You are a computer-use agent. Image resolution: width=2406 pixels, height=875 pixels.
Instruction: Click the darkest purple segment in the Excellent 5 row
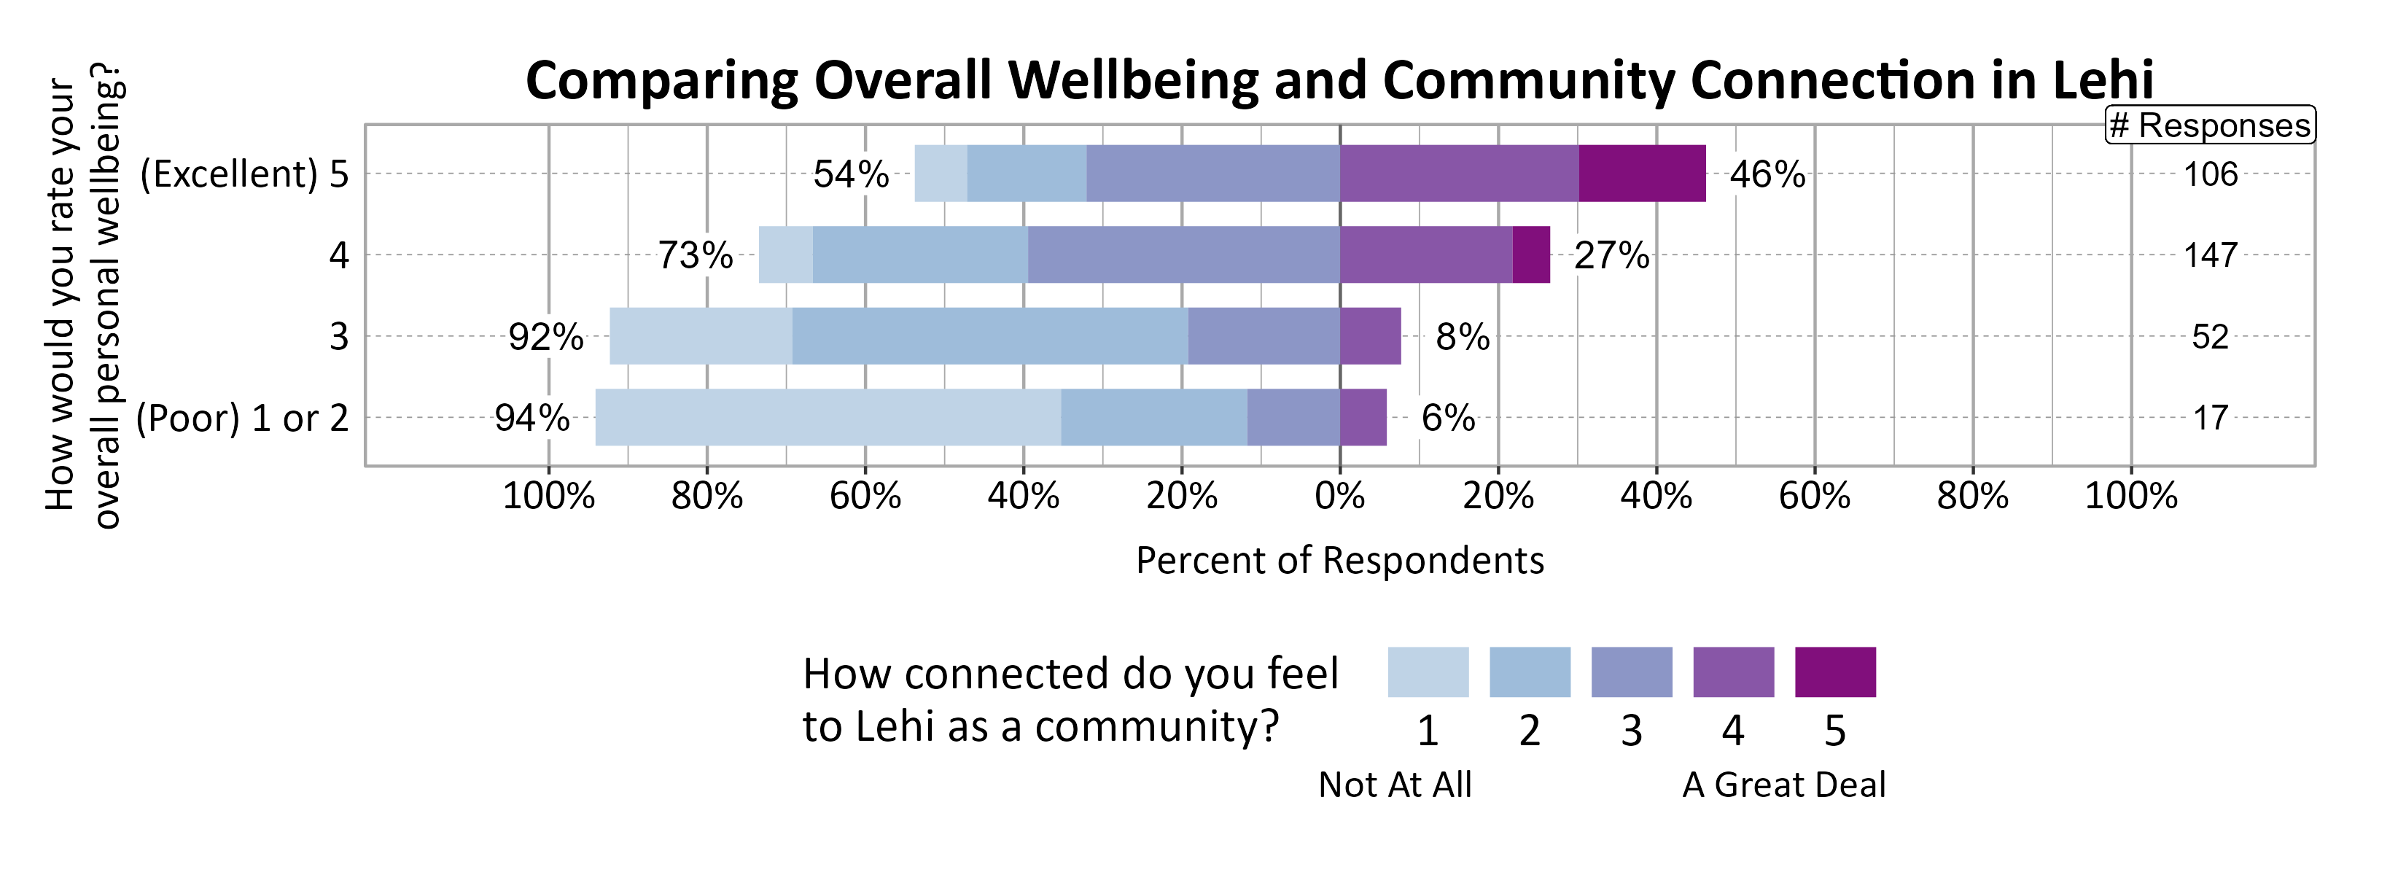pyautogui.click(x=1642, y=174)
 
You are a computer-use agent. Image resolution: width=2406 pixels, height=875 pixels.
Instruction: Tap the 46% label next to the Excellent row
pyautogui.click(x=1767, y=174)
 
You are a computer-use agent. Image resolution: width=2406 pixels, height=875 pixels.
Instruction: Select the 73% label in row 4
pyautogui.click(x=695, y=255)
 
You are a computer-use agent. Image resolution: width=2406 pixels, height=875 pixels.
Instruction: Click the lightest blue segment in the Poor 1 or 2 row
pyautogui.click(x=828, y=417)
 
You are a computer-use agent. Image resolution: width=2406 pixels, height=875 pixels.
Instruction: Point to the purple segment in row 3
pyautogui.click(x=1370, y=336)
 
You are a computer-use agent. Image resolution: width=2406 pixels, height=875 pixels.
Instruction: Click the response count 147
pyautogui.click(x=2210, y=255)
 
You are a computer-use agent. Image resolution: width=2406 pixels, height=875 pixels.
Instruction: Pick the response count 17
pyautogui.click(x=2211, y=417)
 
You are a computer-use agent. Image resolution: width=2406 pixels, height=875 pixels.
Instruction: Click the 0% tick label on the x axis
pyautogui.click(x=1339, y=496)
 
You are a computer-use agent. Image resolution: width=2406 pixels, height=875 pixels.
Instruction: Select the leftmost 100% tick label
pyautogui.click(x=548, y=496)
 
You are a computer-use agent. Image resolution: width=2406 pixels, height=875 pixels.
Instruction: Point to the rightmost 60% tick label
pyautogui.click(x=1814, y=496)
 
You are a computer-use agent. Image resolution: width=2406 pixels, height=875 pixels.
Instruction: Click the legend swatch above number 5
pyautogui.click(x=1834, y=672)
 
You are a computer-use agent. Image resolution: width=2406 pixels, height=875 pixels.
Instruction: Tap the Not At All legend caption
pyautogui.click(x=1395, y=785)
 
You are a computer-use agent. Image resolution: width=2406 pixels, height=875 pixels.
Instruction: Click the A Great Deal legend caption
pyautogui.click(x=1783, y=785)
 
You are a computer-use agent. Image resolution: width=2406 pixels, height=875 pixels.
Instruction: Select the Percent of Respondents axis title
pyautogui.click(x=1339, y=560)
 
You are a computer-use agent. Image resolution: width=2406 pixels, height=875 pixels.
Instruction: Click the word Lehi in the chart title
pyautogui.click(x=2103, y=80)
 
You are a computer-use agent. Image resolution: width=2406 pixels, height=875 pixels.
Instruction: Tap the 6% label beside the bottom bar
pyautogui.click(x=1448, y=417)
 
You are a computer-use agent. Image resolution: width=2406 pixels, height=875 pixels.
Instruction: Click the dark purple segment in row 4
pyautogui.click(x=1531, y=255)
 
